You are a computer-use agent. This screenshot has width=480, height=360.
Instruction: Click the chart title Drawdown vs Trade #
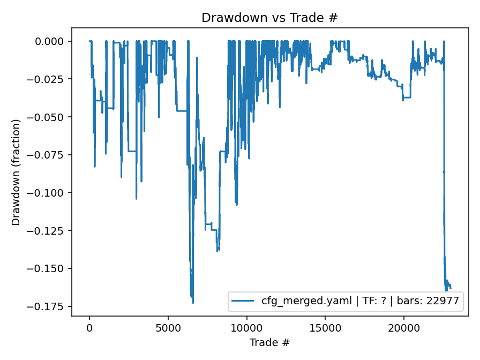(269, 18)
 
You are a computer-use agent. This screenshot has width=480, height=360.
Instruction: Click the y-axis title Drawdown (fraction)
(16, 172)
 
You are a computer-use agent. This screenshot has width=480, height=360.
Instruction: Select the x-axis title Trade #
(269, 342)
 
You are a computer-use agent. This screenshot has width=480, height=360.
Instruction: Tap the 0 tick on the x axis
(89, 327)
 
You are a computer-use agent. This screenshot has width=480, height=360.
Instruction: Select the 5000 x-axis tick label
(168, 327)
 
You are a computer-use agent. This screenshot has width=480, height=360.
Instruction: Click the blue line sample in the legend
(244, 302)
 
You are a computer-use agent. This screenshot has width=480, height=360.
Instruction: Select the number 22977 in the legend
(442, 302)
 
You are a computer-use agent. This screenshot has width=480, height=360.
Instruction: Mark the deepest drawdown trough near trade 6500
(193, 303)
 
